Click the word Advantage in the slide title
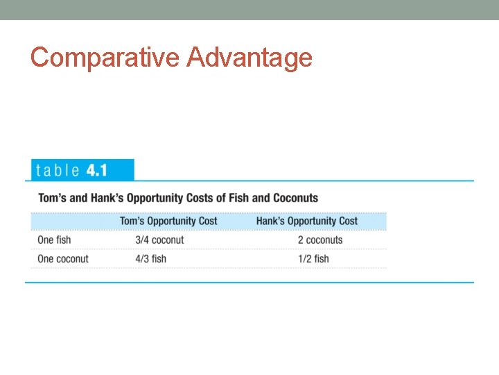click(249, 57)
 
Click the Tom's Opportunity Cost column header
click(168, 221)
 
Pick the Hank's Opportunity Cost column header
click(307, 221)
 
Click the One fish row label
click(54, 240)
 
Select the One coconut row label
click(63, 259)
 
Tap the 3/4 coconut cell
click(159, 240)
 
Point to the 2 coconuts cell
click(320, 240)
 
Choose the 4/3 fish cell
click(150, 259)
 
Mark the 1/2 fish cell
click(313, 259)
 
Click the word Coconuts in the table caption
click(295, 198)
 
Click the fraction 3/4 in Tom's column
click(142, 240)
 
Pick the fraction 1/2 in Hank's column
click(304, 259)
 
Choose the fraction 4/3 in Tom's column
click(142, 259)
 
